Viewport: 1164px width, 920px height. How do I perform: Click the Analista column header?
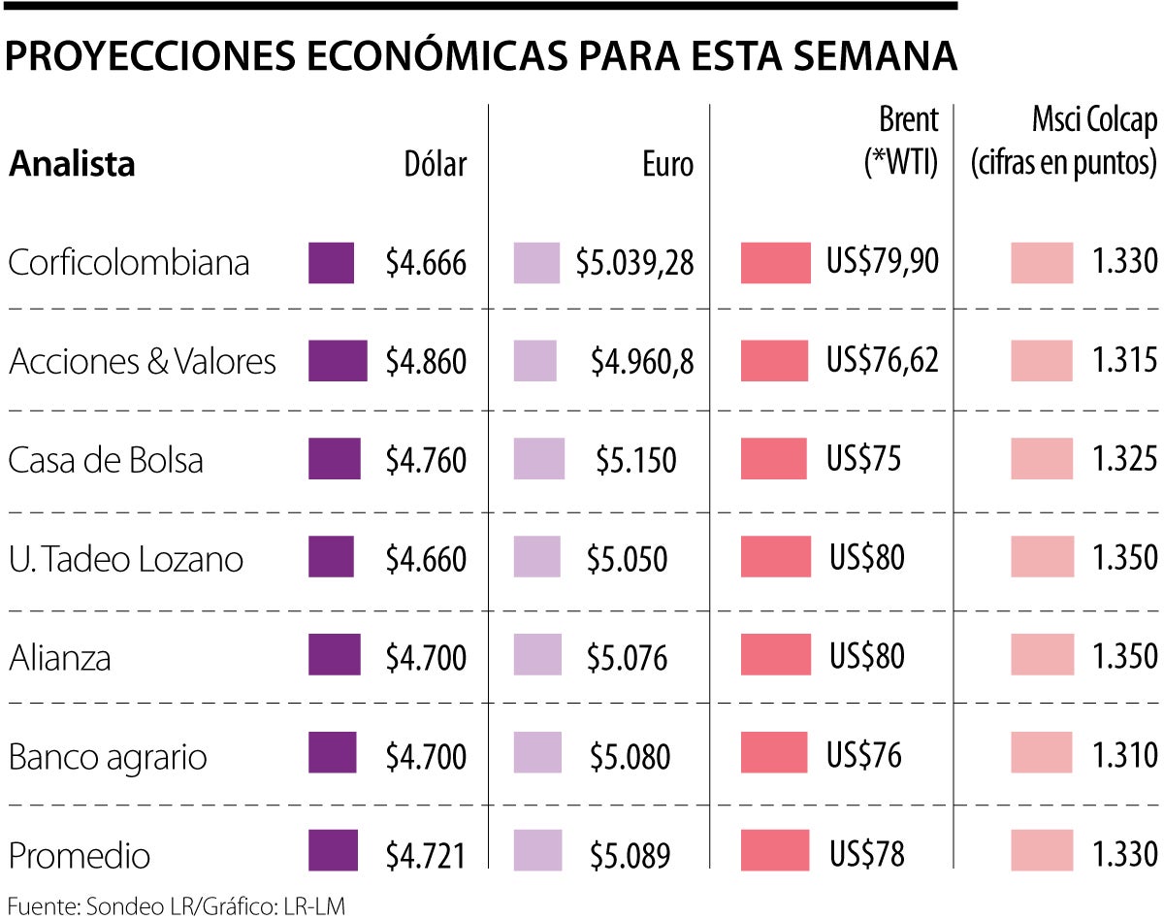[72, 164]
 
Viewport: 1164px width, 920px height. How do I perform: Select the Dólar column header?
[435, 164]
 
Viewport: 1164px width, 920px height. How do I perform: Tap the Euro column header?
[667, 164]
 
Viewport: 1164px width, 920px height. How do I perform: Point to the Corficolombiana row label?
[129, 263]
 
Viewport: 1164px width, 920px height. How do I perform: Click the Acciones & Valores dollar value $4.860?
[426, 362]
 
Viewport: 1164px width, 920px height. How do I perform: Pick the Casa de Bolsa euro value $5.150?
[635, 460]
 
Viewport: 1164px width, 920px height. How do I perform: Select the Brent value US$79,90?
[883, 262]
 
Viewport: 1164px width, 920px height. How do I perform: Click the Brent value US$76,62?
[883, 361]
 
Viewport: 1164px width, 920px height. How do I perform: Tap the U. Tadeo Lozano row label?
[126, 559]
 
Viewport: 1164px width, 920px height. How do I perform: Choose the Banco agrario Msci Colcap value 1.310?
[1125, 755]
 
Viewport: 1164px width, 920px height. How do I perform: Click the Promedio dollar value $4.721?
[426, 855]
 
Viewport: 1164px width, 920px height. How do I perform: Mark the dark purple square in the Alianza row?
[335, 655]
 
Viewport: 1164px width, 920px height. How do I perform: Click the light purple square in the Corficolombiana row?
[536, 263]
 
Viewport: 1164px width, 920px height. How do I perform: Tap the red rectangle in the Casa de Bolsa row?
[773, 459]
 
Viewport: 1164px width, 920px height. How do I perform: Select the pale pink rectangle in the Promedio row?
[1041, 851]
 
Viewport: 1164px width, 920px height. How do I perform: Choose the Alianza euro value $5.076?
[627, 658]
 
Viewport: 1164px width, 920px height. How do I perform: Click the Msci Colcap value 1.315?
[1125, 361]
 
